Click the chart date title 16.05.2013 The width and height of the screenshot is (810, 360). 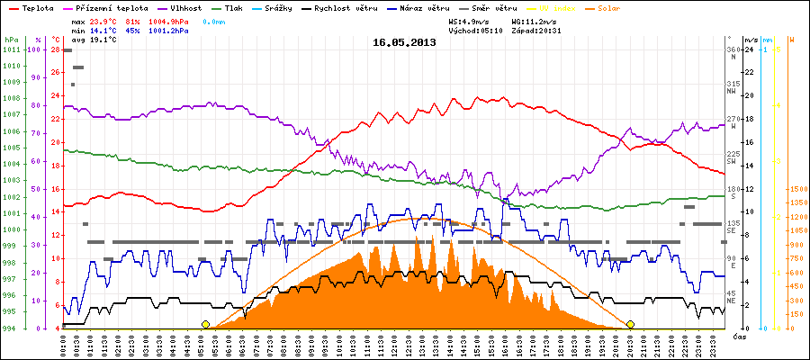click(x=403, y=41)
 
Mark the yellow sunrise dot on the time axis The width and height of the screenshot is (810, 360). click(x=205, y=324)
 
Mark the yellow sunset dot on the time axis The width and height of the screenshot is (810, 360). click(x=630, y=324)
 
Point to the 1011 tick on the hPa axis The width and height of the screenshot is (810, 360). click(x=11, y=49)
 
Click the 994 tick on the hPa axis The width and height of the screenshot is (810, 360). click(x=11, y=328)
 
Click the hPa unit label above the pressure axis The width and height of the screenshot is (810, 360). click(x=11, y=40)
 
